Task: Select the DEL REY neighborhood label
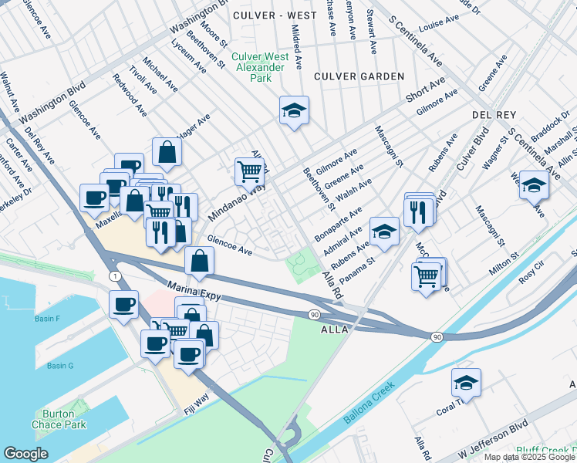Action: pos(494,114)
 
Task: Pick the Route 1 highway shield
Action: pos(115,275)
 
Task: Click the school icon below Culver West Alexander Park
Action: pos(294,111)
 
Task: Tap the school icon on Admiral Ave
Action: pos(384,231)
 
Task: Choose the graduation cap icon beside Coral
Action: pos(466,382)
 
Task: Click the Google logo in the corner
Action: pos(25,454)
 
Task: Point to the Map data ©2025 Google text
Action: pos(528,457)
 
